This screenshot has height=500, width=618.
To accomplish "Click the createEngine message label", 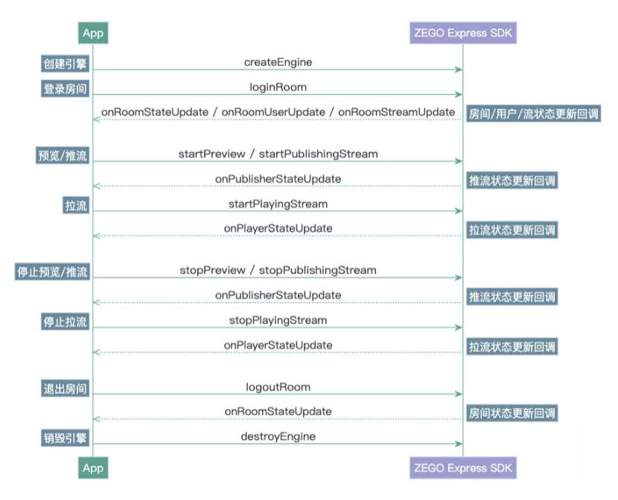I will (x=278, y=62).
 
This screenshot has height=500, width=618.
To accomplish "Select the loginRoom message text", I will (x=278, y=87).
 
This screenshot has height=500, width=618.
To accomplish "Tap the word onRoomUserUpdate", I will (x=274, y=112).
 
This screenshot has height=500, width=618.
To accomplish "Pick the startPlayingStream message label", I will (x=278, y=203).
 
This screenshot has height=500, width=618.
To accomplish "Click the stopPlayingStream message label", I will (x=278, y=320).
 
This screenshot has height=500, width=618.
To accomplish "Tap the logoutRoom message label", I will (x=278, y=387).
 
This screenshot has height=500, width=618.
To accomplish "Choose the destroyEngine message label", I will (x=278, y=436).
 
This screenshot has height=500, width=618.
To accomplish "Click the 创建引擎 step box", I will (x=65, y=64).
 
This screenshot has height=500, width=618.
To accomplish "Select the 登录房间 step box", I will (x=65, y=89).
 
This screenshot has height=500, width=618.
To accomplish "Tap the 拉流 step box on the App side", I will (x=76, y=206).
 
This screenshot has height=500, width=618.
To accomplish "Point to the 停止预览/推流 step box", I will (x=53, y=272).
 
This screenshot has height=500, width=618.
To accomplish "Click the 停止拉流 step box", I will (x=65, y=322).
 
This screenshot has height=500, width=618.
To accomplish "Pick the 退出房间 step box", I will (x=65, y=388).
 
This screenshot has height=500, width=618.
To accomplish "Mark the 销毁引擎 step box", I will (x=65, y=438).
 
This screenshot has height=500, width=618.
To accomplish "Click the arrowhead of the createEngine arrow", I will (x=459, y=70).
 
